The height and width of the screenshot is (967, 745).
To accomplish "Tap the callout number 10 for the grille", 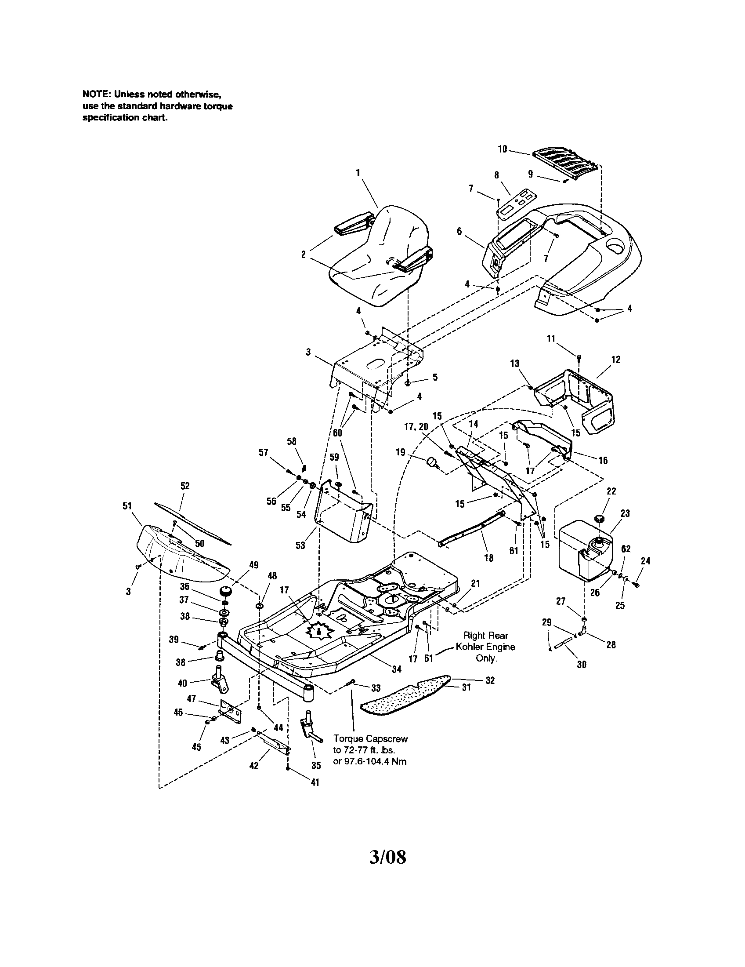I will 503,149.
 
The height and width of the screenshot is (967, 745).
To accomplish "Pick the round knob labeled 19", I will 431,463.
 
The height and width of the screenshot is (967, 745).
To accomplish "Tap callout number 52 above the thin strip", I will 185,486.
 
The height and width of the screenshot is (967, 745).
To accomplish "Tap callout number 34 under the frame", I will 397,669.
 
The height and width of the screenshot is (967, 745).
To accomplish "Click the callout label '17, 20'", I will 416,427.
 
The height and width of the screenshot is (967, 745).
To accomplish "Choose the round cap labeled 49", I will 226,593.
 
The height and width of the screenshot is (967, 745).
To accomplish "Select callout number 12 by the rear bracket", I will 615,360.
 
